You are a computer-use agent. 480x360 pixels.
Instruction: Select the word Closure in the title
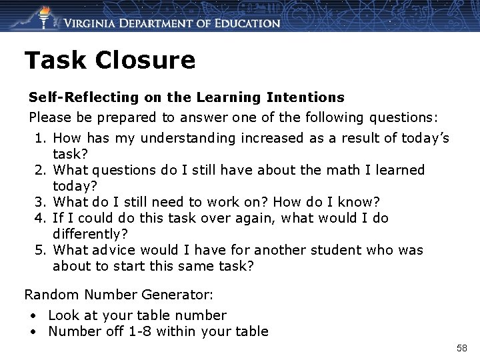pos(145,61)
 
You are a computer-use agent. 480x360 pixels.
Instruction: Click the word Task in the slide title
pos(55,61)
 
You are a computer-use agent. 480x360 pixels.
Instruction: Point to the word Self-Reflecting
pos(84,98)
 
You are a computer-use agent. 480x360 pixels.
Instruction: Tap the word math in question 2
pos(341,170)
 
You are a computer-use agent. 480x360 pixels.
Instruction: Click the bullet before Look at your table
pos(32,315)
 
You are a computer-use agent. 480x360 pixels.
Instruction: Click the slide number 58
pos(461,348)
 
